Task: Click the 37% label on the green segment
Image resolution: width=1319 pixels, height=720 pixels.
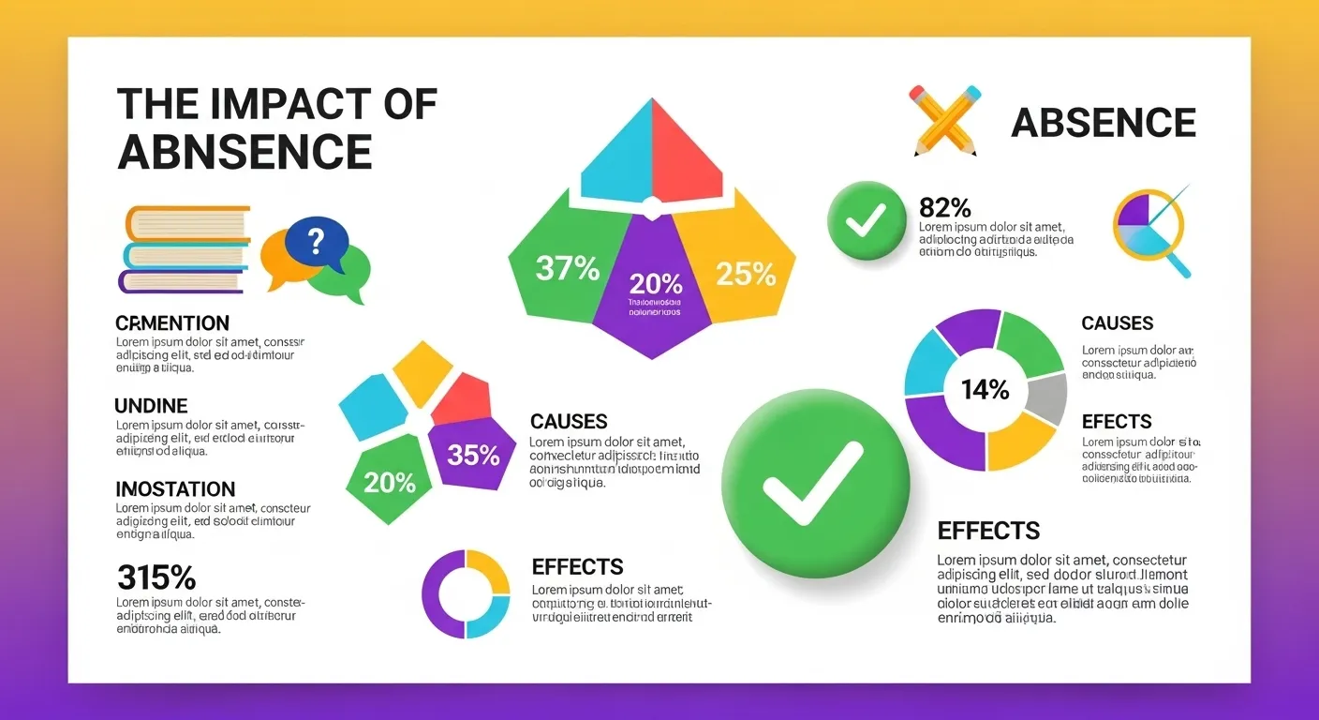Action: click(568, 269)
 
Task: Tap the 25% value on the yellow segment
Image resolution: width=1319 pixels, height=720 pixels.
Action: click(746, 274)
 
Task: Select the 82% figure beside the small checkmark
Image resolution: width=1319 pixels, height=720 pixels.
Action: click(944, 208)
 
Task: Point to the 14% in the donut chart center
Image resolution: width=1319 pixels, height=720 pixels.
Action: click(985, 389)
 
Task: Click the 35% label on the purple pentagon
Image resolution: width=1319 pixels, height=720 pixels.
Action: click(474, 456)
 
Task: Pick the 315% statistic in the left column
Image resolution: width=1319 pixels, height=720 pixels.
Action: click(156, 576)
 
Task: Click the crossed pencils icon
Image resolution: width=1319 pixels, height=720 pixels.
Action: click(943, 119)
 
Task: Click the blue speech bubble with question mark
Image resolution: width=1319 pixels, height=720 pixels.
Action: click(316, 240)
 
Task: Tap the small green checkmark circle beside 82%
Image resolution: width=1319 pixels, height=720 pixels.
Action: click(867, 221)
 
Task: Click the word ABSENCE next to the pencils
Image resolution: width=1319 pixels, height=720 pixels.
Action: click(1104, 123)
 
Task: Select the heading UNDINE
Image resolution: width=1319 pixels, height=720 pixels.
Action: click(151, 406)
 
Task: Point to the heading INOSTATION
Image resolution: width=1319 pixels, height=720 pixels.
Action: click(175, 489)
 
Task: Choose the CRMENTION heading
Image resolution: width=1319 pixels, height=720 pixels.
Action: click(172, 323)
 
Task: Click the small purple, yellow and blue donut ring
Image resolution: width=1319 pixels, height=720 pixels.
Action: click(466, 594)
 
